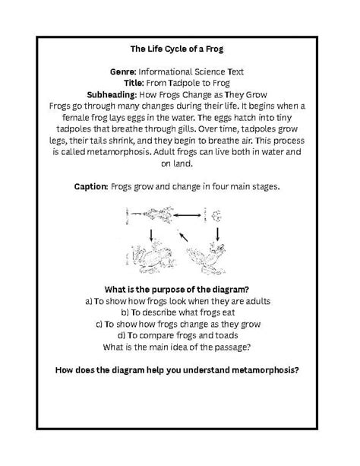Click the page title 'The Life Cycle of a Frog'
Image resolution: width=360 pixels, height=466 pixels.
(179, 49)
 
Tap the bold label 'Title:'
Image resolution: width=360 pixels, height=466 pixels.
(137, 83)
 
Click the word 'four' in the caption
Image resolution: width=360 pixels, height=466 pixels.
(213, 185)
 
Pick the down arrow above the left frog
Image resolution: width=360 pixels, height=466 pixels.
(153, 233)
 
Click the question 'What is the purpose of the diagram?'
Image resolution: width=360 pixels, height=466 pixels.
(179, 290)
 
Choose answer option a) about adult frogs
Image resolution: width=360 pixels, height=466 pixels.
(179, 301)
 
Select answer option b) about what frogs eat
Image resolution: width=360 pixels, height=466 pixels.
(179, 312)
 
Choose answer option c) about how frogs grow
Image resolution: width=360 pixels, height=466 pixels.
(179, 324)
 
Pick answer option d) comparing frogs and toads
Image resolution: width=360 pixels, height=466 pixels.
(179, 335)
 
